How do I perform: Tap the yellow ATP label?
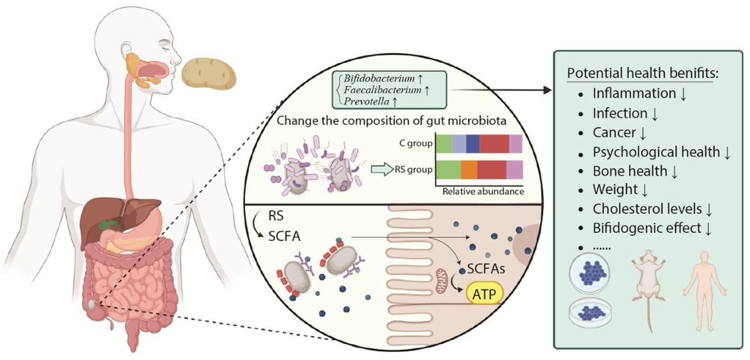coord(484,294)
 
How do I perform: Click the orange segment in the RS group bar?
coord(469,169)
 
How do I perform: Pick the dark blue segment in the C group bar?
coord(473,143)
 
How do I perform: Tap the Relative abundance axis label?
coord(482,191)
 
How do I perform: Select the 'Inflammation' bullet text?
coord(634,94)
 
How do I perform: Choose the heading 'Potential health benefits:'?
coord(640,73)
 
